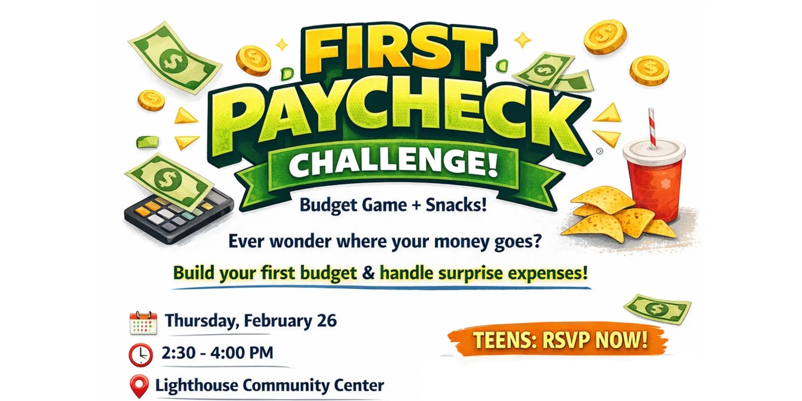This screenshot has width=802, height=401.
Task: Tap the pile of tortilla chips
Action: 616,215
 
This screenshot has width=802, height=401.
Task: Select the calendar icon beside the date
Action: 143,323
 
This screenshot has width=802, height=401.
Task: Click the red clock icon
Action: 141,355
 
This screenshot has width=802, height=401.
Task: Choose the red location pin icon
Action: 140,386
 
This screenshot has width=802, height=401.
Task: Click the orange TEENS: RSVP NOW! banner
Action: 559,340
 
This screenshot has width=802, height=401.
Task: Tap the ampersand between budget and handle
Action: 368,273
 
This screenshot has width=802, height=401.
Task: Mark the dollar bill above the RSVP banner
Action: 657,309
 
